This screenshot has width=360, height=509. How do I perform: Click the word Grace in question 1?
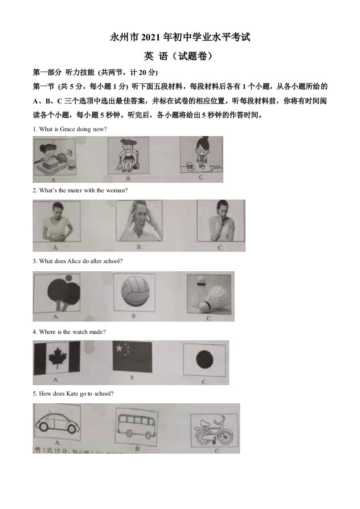tap(69, 129)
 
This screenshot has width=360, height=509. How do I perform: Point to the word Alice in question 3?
tap(74, 261)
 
